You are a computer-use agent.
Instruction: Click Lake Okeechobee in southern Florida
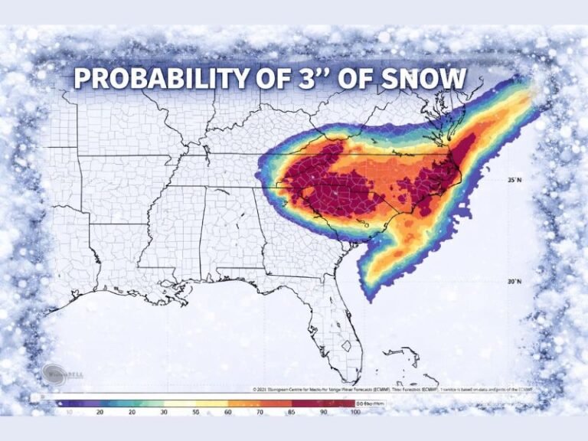pyautogui.click(x=351, y=345)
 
